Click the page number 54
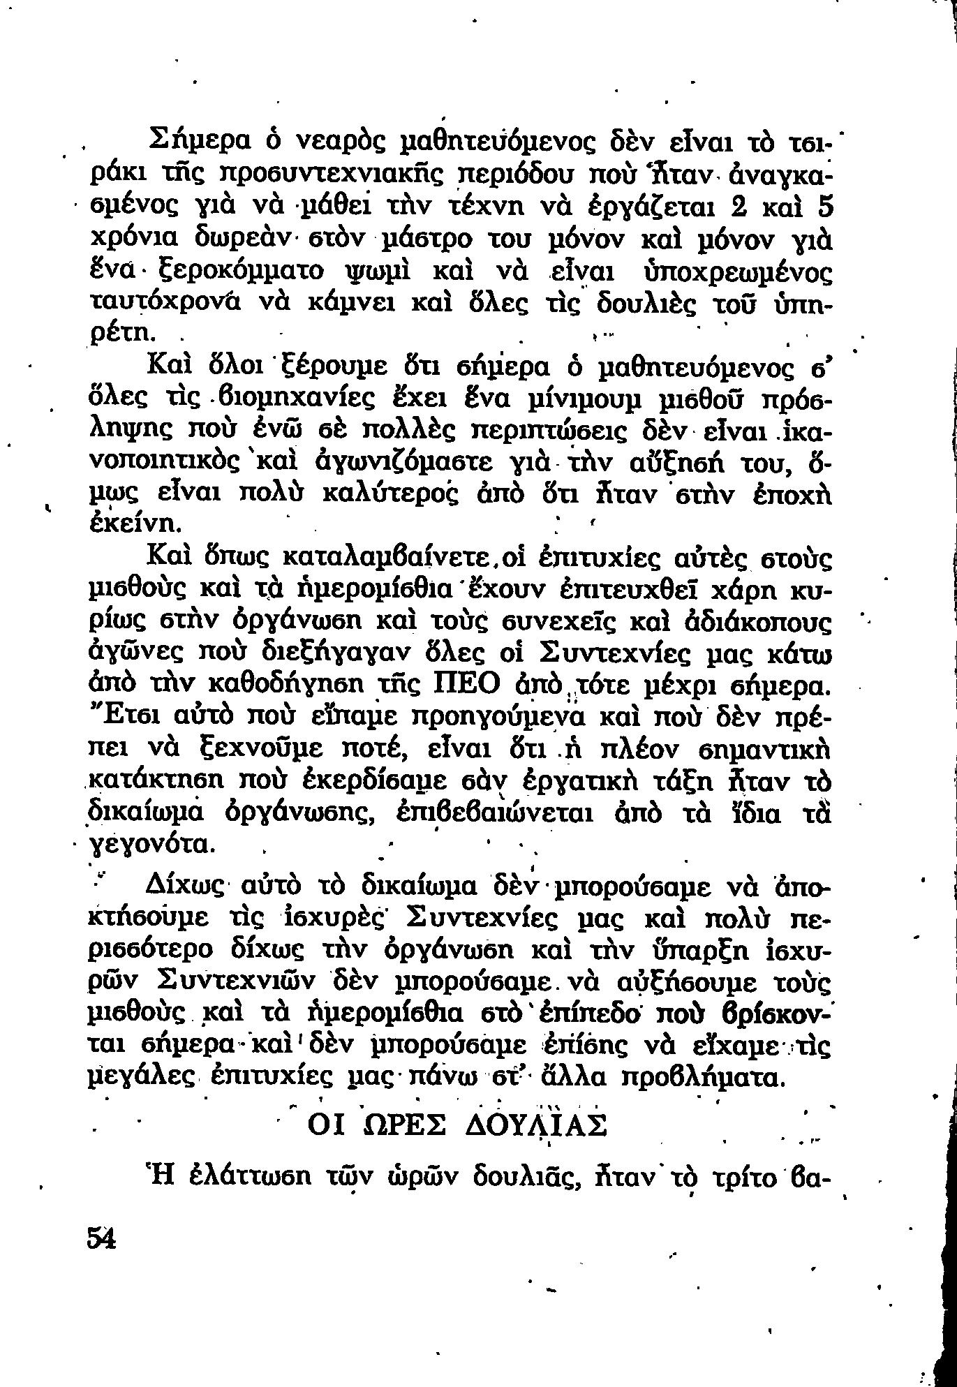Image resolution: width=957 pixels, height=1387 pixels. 101,1239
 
